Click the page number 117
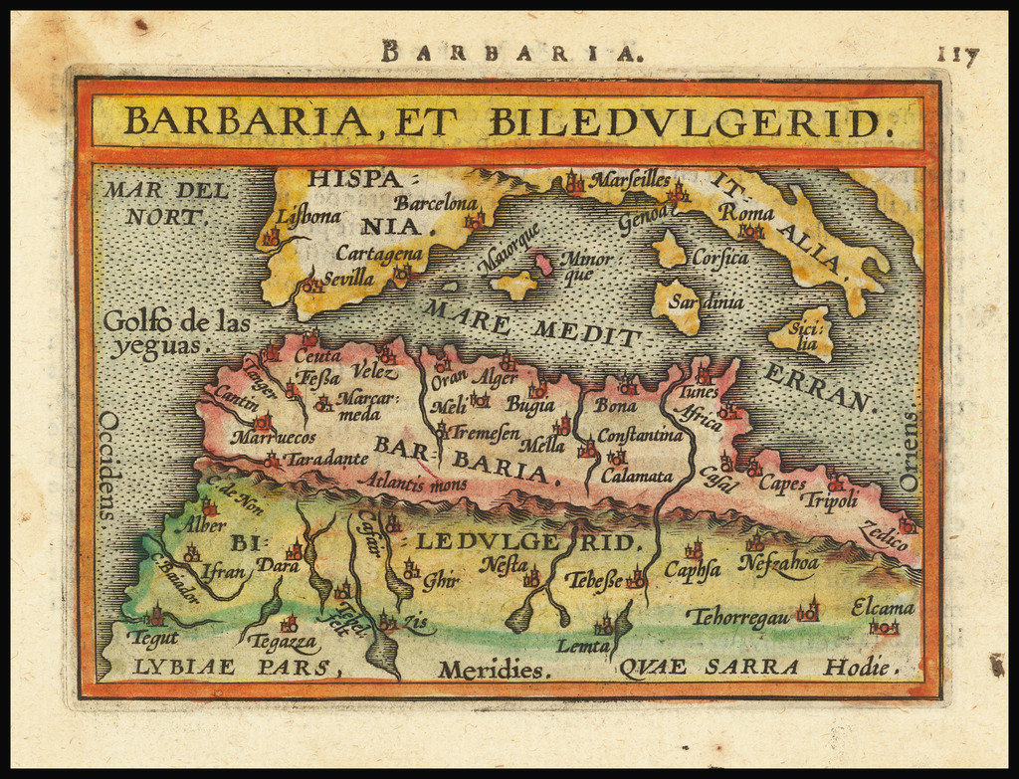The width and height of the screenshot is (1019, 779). (957, 56)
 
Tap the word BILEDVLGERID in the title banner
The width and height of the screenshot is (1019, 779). (686, 121)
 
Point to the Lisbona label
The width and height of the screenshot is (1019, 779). (308, 215)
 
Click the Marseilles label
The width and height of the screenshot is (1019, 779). (630, 180)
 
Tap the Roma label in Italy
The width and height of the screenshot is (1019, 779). (746, 212)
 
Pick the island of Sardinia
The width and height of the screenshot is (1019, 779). (677, 303)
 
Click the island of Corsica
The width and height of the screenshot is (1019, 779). (669, 249)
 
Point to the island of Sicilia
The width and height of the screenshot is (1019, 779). (802, 334)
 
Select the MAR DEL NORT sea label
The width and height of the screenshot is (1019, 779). (166, 202)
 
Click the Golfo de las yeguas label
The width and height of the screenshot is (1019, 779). (176, 333)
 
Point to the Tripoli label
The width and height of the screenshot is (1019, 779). (828, 500)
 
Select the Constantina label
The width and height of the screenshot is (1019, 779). (640, 435)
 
